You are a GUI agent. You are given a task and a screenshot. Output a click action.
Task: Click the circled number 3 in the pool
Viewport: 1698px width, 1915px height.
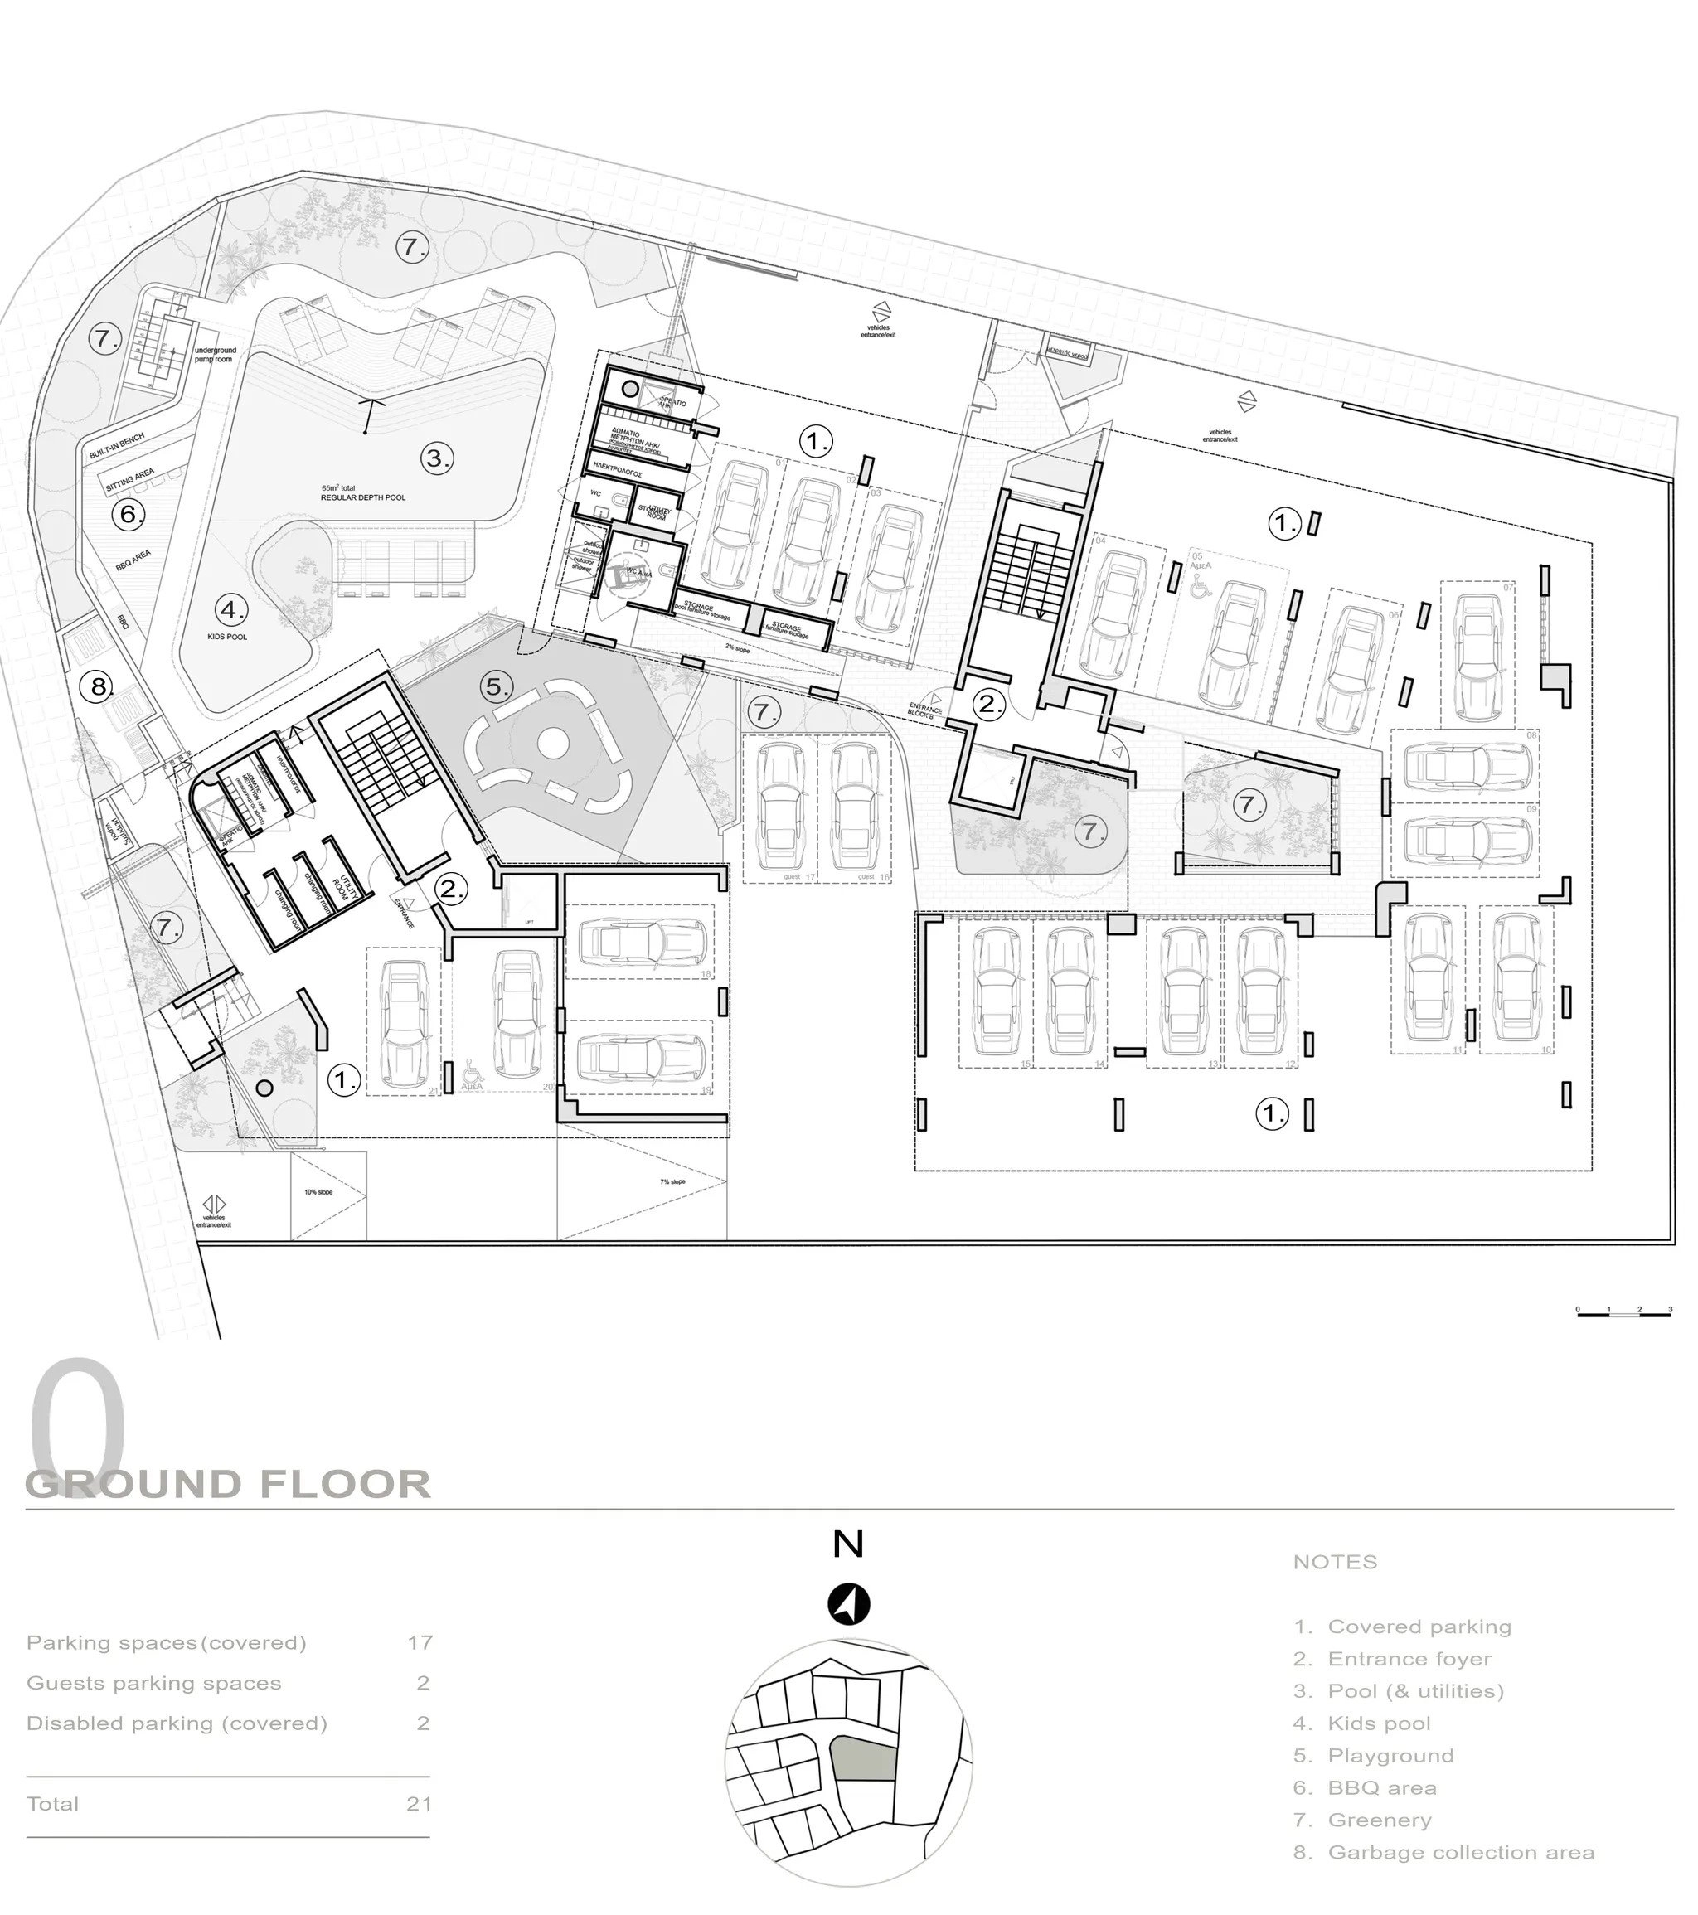point(436,458)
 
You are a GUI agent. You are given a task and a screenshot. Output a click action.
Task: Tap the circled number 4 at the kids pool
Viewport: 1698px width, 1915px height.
point(230,610)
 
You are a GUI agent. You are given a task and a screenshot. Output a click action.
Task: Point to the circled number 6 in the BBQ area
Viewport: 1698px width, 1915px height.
point(129,513)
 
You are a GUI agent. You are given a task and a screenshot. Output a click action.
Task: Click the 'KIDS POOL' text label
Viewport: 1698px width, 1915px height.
point(227,637)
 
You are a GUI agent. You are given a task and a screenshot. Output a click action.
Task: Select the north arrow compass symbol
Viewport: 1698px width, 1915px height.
point(848,1604)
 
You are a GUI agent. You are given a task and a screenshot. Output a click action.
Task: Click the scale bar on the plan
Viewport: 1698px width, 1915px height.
point(1624,1315)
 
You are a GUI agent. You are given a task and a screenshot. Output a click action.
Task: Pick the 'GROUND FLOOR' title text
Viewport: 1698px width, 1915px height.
point(229,1485)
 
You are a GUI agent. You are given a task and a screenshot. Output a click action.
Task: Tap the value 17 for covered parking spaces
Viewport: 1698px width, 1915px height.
point(419,1642)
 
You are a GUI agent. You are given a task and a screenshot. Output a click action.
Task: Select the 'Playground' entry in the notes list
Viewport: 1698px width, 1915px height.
point(1390,1755)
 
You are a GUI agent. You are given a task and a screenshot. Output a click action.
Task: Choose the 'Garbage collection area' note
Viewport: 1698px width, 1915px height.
point(1461,1852)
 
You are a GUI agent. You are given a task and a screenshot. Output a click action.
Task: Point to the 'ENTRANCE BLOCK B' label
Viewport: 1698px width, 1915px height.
point(925,711)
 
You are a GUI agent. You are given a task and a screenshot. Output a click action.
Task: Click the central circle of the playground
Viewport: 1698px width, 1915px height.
point(553,744)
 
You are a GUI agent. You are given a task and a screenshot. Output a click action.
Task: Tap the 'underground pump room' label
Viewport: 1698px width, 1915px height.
point(215,354)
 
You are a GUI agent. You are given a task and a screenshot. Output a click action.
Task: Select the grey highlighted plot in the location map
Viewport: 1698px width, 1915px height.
point(864,1758)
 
